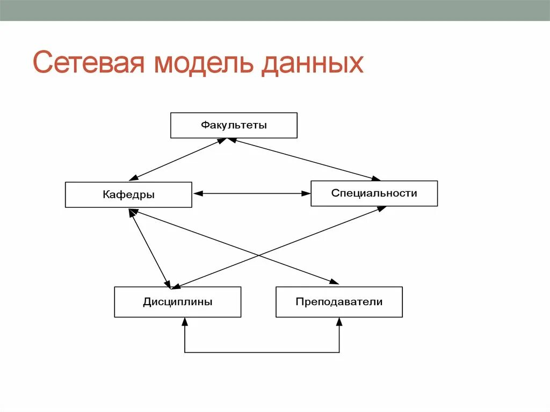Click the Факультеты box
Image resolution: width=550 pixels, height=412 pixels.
[x=234, y=125]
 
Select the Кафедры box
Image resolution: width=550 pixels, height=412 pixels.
[x=128, y=194]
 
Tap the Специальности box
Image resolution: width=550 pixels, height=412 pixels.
[x=374, y=193]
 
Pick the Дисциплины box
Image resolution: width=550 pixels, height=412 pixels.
[x=177, y=302]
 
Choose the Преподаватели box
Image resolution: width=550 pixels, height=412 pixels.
[x=339, y=302]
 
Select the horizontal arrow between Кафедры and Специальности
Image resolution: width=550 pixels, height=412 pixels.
[x=251, y=193]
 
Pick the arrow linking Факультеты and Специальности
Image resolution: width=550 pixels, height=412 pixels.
[x=303, y=159]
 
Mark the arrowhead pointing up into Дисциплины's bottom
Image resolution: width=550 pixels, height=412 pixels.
[x=185, y=322]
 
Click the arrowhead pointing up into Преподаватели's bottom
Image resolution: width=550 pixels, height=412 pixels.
[x=339, y=322]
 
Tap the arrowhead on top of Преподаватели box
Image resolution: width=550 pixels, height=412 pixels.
[x=334, y=282]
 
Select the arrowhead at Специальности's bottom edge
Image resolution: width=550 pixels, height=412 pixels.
[x=381, y=209]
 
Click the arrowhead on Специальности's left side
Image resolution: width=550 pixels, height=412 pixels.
[x=306, y=193]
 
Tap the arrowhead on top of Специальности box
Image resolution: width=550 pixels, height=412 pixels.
[x=375, y=178]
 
